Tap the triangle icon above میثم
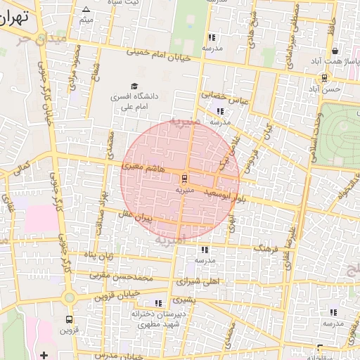coord(86,9)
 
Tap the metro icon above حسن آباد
coord(323,77)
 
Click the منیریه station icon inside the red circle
coord(184,178)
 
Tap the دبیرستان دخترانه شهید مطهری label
coord(159,319)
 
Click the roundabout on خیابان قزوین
coord(68,297)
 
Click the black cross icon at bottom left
coord(44,354)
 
